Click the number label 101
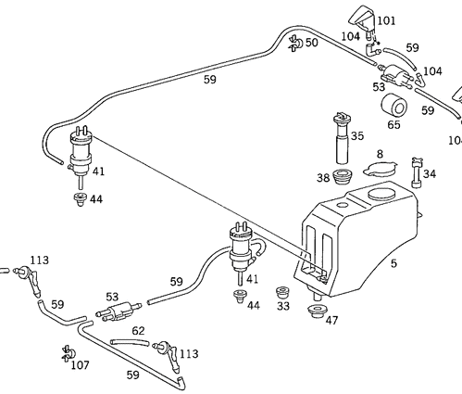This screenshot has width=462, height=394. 385,19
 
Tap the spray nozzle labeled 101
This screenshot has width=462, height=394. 360,20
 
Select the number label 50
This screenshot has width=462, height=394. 311,43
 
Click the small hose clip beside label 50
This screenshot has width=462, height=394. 293,41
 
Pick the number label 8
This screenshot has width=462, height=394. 379,154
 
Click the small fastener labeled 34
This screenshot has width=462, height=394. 414,174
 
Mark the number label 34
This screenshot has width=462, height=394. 429,173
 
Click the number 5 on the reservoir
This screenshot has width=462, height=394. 393,262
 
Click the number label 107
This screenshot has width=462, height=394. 81,364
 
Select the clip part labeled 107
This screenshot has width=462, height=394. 66,352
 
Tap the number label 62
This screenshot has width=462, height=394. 137,329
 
